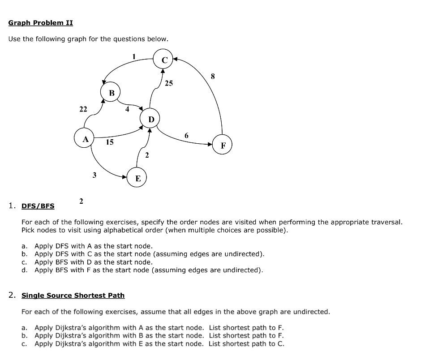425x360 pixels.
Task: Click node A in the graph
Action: (x=84, y=139)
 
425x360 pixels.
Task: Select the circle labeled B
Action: (x=112, y=93)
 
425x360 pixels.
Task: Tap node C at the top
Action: (x=163, y=60)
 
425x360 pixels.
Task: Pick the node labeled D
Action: (x=150, y=120)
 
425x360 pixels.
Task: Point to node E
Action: (x=137, y=178)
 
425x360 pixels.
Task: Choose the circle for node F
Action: (x=223, y=145)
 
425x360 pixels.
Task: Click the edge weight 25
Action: (x=168, y=83)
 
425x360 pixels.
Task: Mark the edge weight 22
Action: (x=83, y=109)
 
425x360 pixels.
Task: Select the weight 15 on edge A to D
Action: (x=109, y=142)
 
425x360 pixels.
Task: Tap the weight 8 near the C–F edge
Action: (x=213, y=77)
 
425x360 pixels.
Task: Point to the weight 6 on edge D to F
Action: (x=186, y=135)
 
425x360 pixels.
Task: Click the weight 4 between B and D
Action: (x=127, y=109)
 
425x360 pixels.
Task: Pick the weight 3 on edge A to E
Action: (x=94, y=175)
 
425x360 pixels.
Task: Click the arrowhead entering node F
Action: (x=210, y=144)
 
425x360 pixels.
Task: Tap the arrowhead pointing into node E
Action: (x=125, y=177)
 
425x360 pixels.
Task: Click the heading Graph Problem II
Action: (x=40, y=23)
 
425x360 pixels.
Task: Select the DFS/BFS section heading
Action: (x=38, y=206)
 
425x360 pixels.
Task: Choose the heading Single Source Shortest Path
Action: (x=73, y=296)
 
